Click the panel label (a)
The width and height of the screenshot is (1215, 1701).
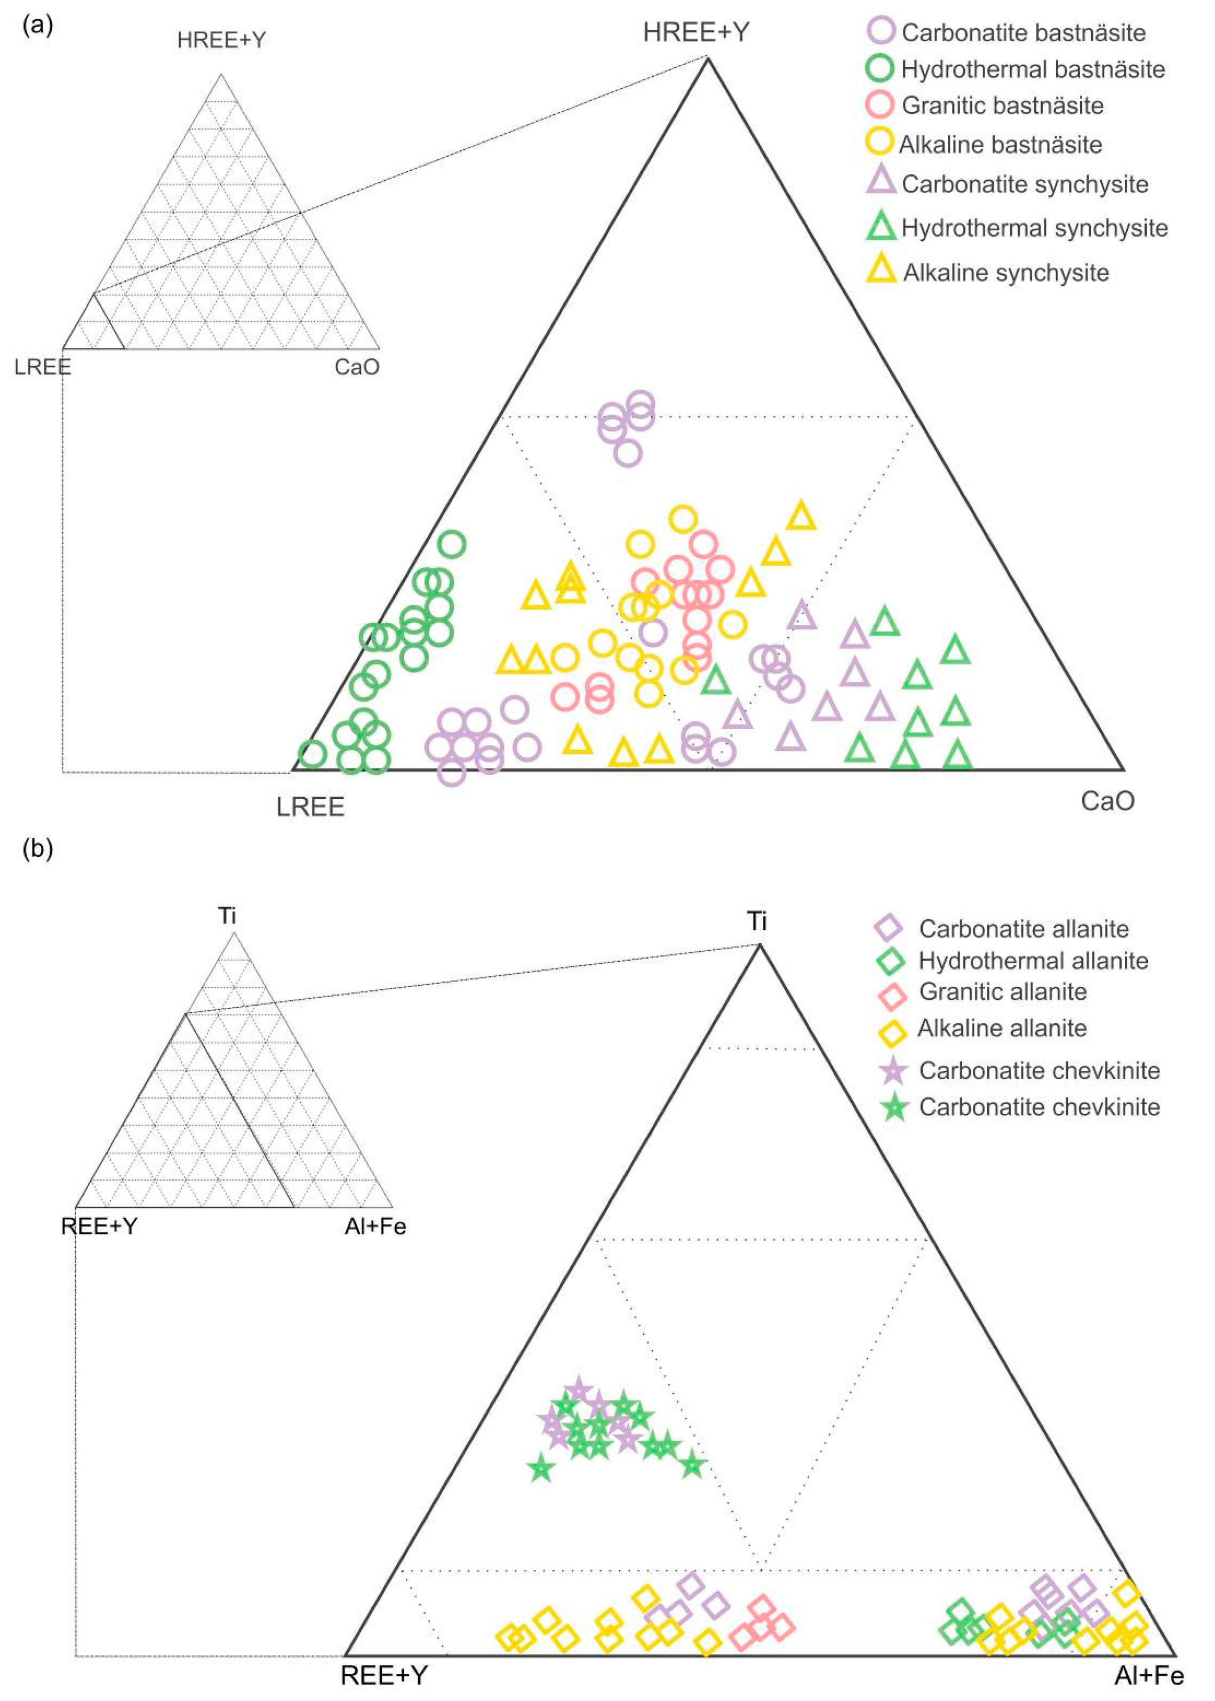tap(37, 26)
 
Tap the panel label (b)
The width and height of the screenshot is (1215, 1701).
tap(37, 849)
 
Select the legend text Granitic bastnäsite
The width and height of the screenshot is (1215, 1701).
tap(1003, 106)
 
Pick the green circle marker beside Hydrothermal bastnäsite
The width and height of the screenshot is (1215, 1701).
tap(880, 68)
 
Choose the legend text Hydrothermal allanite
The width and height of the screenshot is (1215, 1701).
tap(1033, 960)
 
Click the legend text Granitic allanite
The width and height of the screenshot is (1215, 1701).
tap(1003, 992)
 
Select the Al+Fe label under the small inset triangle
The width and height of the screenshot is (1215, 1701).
tap(375, 1227)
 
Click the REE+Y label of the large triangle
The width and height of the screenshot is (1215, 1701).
tap(384, 1676)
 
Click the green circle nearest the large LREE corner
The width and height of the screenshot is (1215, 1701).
tap(312, 754)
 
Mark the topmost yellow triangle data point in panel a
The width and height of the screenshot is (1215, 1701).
tap(801, 516)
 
